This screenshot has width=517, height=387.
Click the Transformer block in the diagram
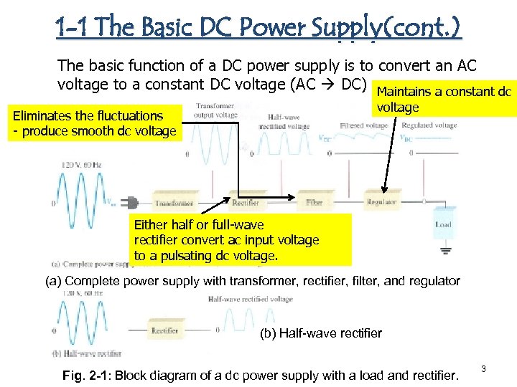point(172,203)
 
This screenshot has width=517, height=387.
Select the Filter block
point(314,203)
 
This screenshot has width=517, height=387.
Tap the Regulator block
point(381,203)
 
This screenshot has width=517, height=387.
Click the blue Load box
point(443,225)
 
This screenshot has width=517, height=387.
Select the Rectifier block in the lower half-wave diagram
point(164,331)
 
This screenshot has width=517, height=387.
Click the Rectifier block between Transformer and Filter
point(245,203)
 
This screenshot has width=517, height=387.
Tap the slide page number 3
point(483,369)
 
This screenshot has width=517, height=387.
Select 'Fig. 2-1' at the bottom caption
point(85,376)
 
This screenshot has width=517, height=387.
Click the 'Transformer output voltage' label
point(215,111)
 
